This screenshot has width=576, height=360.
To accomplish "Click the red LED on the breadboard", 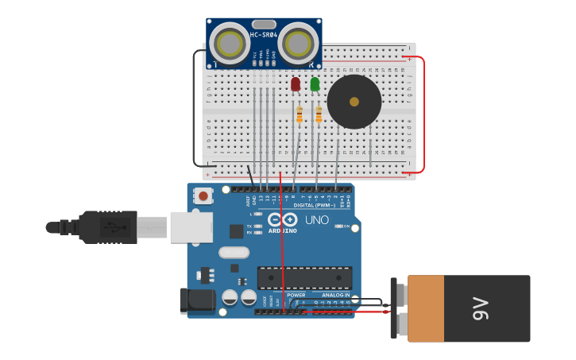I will coord(296,83).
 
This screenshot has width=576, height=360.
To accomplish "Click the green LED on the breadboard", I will coord(315,83).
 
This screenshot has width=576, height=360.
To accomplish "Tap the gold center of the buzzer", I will coord(354,102).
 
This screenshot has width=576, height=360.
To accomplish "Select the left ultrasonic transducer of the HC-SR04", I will coord(231,44).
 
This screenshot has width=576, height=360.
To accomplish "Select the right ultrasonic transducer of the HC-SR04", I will coord(299,44).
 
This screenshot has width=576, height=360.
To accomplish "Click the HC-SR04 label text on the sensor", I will coord(265,35).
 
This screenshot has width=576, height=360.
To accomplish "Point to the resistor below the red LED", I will coord(299,116).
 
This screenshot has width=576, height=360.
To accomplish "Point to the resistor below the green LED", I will coord(319,116).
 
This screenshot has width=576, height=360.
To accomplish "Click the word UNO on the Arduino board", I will coord(317,219).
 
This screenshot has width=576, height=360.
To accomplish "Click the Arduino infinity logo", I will coord(282,219).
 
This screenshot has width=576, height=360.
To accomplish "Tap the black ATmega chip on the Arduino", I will coord(304,278).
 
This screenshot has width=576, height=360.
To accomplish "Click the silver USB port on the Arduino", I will coord(191,227).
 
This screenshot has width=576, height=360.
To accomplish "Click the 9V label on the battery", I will coord(481,309).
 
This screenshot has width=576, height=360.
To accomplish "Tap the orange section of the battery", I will coord(426,309).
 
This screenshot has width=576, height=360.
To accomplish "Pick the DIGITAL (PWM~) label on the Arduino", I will coord(315,205).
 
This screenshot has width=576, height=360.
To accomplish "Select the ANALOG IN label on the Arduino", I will coord(335,295).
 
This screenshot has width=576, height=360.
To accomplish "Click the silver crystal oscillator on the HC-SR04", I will coord(265,25).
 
